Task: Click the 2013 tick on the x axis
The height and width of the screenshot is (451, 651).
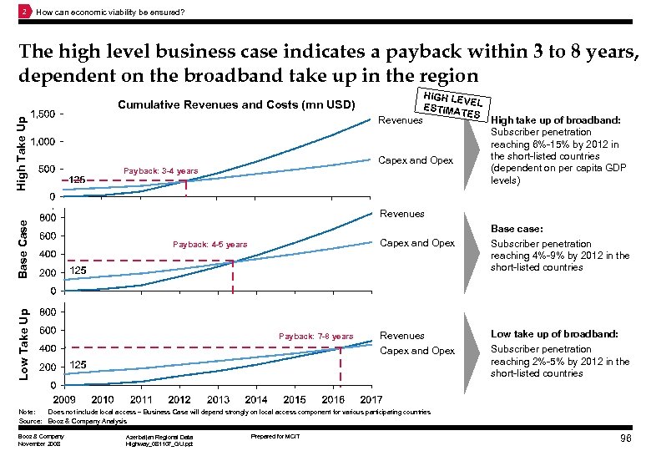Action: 218,399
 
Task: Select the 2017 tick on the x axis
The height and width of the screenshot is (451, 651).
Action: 371,399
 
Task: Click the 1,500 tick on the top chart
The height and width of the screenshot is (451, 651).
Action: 43,114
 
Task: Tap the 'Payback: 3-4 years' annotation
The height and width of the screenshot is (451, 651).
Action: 160,171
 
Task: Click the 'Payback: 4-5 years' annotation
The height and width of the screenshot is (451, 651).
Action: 209,245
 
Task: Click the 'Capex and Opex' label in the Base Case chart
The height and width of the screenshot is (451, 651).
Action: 417,243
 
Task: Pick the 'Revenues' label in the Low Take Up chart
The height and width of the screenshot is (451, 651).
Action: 402,336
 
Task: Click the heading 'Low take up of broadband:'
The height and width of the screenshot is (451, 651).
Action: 554,334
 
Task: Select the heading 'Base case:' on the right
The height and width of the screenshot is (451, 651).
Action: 517,228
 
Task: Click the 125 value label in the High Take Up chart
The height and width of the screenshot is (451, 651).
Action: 78,180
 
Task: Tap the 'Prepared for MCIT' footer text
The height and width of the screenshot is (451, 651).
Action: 275,437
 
